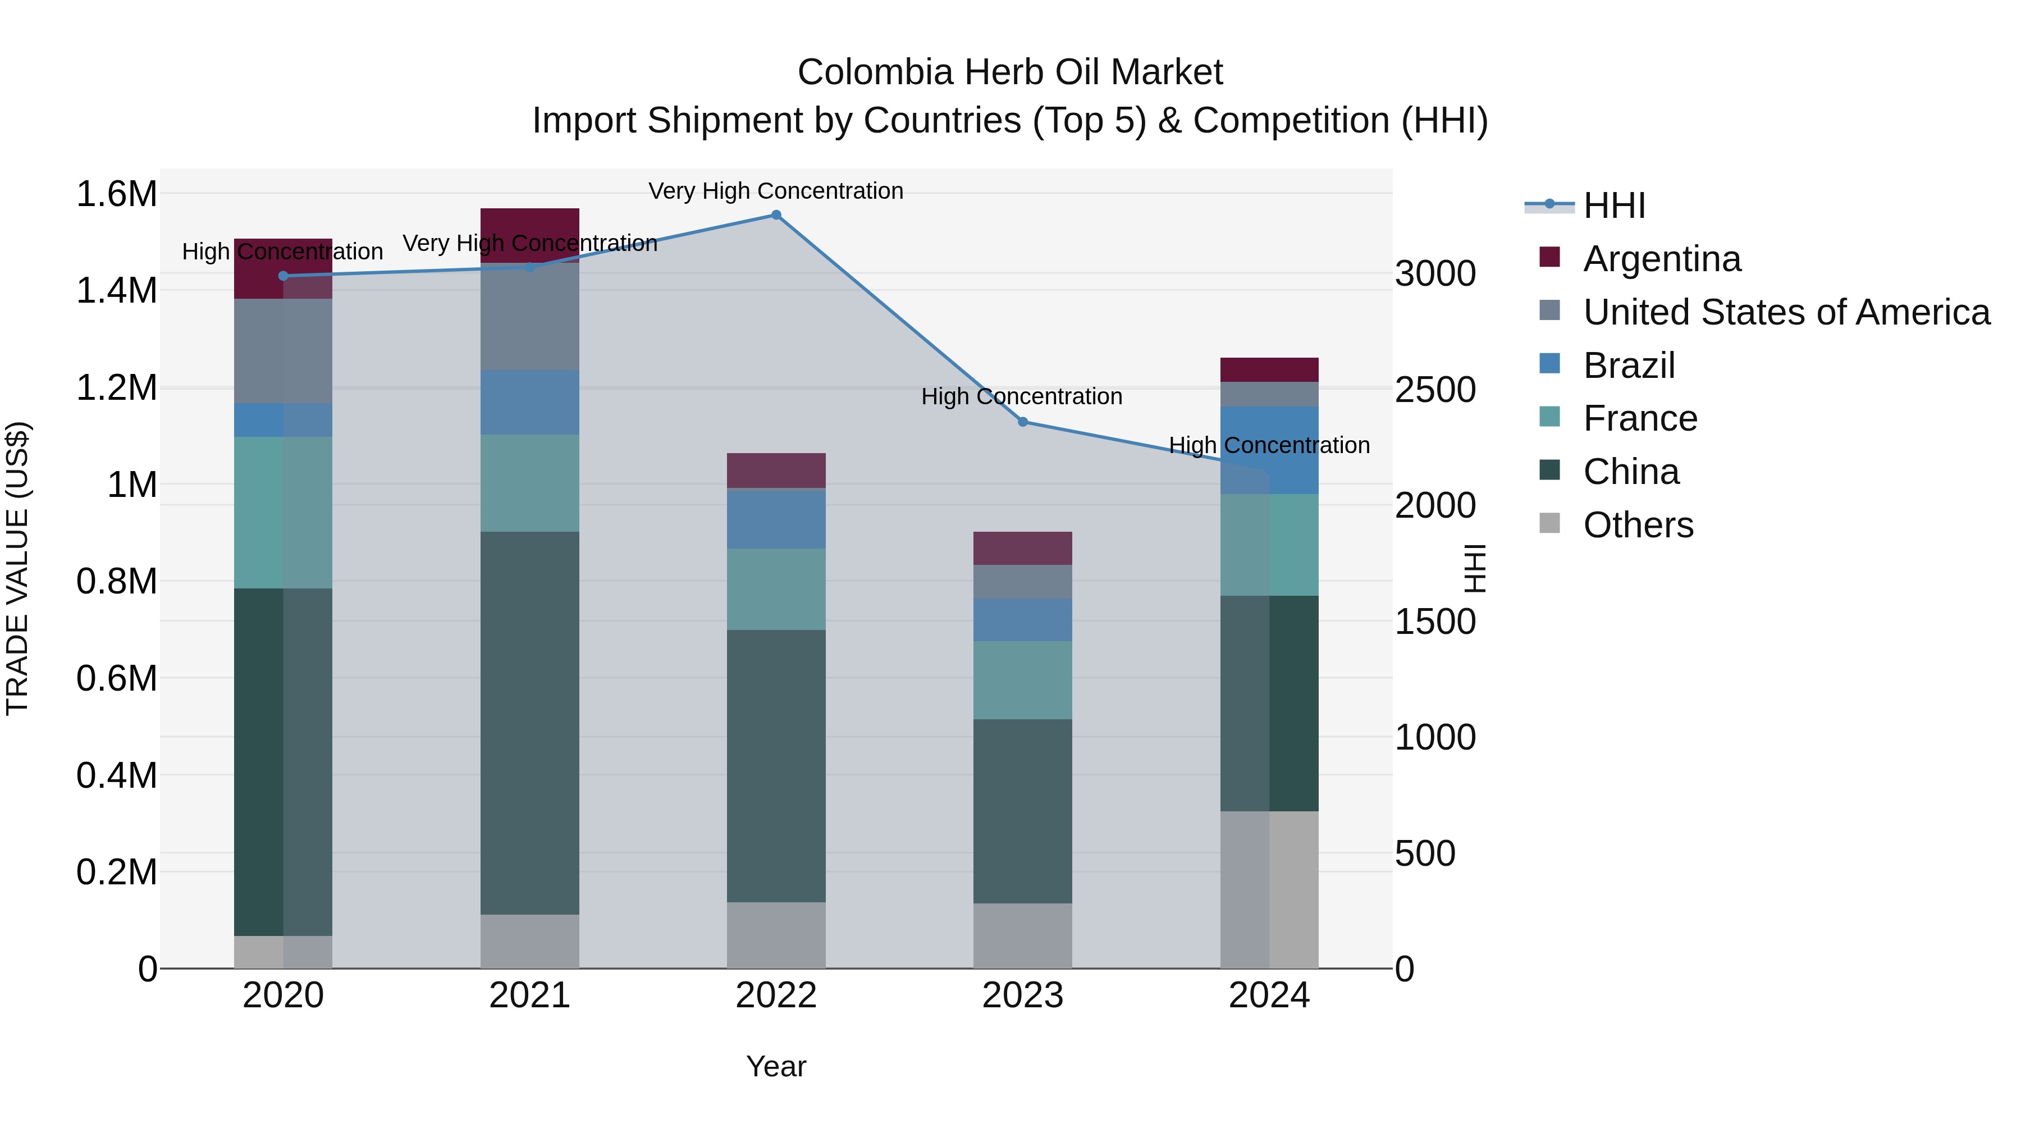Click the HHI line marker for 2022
tap(776, 215)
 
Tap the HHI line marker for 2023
tap(1022, 422)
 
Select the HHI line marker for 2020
tap(284, 276)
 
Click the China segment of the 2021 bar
tap(529, 722)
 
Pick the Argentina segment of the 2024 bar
tap(1269, 369)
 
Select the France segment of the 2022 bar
tap(776, 588)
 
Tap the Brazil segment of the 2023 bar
tap(1022, 620)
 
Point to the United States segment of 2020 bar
tap(284, 351)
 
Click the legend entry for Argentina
tap(1662, 259)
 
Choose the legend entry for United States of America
tap(1786, 312)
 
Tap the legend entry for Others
tap(1638, 525)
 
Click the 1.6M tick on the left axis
tap(116, 194)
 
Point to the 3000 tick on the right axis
tap(1435, 274)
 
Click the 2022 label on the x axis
tap(776, 996)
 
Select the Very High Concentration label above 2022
tap(776, 191)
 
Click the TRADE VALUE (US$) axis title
tap(17, 568)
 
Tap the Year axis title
tap(776, 1066)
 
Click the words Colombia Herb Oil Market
tap(1010, 72)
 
